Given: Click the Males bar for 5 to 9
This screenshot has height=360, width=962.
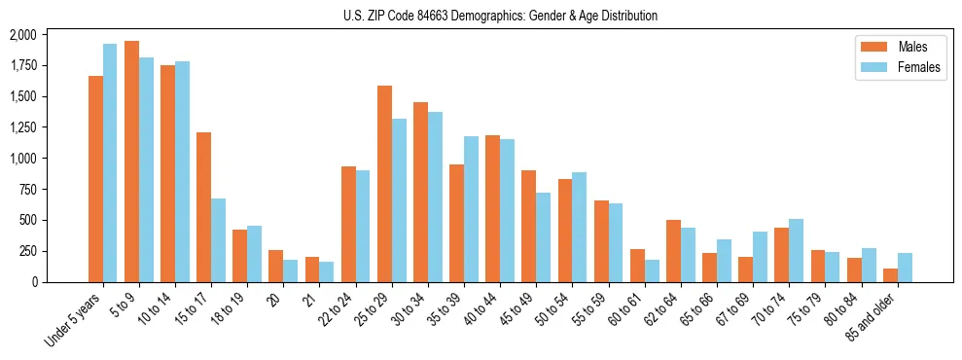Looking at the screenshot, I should click(131, 162).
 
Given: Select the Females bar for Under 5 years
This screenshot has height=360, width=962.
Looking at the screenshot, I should click(110, 162).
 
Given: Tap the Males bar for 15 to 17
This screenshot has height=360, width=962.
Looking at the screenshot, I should click(203, 207).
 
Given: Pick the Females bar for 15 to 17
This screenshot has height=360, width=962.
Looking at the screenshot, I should click(218, 240).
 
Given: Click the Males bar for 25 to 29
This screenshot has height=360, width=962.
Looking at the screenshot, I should click(384, 184).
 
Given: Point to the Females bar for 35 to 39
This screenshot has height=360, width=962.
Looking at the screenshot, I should click(471, 209).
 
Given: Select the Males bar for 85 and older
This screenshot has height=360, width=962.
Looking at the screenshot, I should click(890, 275).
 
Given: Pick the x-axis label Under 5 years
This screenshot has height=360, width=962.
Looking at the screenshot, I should click(75, 321).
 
